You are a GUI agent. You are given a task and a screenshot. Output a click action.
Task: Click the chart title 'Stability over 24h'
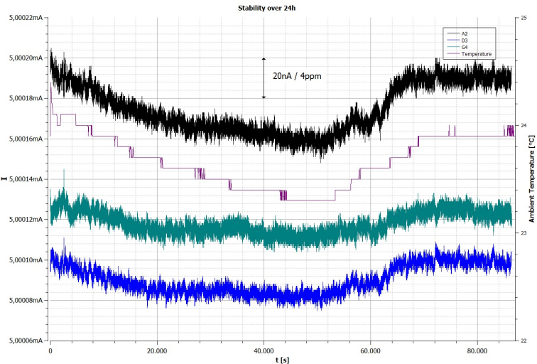point(267,9)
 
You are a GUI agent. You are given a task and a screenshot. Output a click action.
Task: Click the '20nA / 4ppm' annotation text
point(297,76)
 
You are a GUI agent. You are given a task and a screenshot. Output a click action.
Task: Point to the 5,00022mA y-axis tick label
point(26,18)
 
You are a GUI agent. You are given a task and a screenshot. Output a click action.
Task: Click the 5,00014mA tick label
point(26,179)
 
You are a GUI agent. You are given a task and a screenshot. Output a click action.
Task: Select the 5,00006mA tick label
point(26,341)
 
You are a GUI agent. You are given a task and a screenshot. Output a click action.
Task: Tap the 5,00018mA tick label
point(26,98)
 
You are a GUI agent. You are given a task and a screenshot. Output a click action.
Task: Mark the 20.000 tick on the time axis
point(157,351)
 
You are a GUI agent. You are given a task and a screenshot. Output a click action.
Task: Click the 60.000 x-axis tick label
point(371,351)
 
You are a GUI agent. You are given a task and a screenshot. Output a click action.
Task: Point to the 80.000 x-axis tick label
point(477,351)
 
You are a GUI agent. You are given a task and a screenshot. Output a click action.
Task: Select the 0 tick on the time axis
point(50,351)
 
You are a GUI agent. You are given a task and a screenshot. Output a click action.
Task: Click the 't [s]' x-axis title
point(282,360)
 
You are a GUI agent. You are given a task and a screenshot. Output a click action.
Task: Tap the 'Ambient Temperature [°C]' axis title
point(531,179)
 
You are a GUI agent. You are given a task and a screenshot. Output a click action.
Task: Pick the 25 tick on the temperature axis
point(524,18)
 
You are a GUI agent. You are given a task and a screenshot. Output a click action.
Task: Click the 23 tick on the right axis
point(524,233)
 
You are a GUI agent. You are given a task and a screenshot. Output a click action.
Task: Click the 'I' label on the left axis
point(4,178)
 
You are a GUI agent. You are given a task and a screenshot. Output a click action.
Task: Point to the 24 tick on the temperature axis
point(524,125)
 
